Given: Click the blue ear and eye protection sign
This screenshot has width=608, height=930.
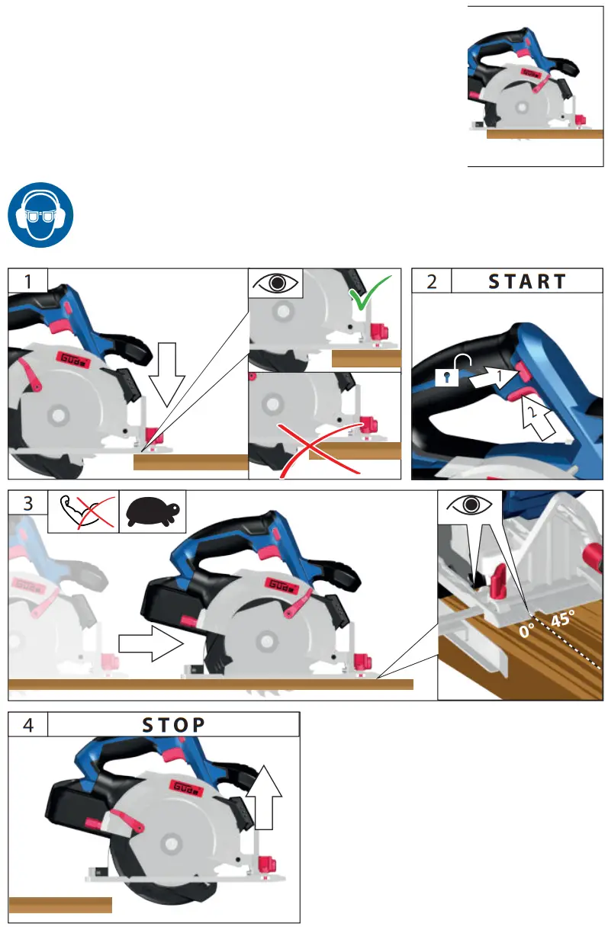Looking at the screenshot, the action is point(40,215).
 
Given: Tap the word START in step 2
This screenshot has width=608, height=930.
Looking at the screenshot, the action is point(526,281).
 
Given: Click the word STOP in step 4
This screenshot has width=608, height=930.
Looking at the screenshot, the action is point(174,725).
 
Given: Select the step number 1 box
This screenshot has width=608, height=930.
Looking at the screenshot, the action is point(27,281).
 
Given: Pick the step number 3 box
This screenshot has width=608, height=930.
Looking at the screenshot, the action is point(27,503).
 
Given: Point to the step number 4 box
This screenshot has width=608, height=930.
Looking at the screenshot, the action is point(27,725).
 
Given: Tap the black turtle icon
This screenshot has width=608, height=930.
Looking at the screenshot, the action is point(153,511).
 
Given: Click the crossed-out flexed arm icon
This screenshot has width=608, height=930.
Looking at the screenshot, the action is point(87,511).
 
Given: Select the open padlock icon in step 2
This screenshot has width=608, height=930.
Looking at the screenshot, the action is point(448,370).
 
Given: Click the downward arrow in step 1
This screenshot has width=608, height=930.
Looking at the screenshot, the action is point(166,374).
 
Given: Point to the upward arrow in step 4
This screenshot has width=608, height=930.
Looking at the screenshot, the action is point(263,797).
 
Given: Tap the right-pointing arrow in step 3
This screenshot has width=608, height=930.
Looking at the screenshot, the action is point(151,643).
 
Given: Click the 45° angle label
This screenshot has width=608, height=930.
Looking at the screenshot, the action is point(563,619).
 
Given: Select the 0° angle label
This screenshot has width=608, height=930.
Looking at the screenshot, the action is point(526,630).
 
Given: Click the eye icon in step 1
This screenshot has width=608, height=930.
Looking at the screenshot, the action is point(275,283).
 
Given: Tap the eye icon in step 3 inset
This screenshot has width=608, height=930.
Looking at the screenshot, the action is point(469,505).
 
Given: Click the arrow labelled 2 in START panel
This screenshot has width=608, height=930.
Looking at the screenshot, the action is point(536,416).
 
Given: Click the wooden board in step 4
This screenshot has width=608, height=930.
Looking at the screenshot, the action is point(60,906).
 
